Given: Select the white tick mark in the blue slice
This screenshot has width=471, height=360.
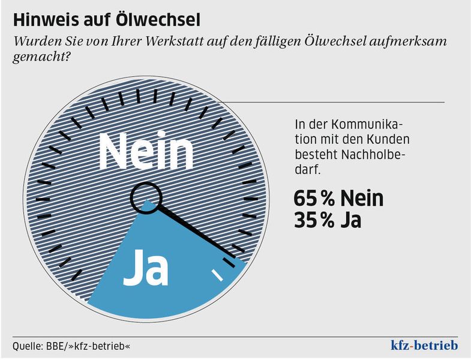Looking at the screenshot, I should tap(217, 275).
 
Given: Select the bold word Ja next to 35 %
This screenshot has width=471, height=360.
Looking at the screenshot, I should tap(350, 220).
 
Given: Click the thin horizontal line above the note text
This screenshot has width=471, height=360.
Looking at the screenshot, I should tap(336, 102).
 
